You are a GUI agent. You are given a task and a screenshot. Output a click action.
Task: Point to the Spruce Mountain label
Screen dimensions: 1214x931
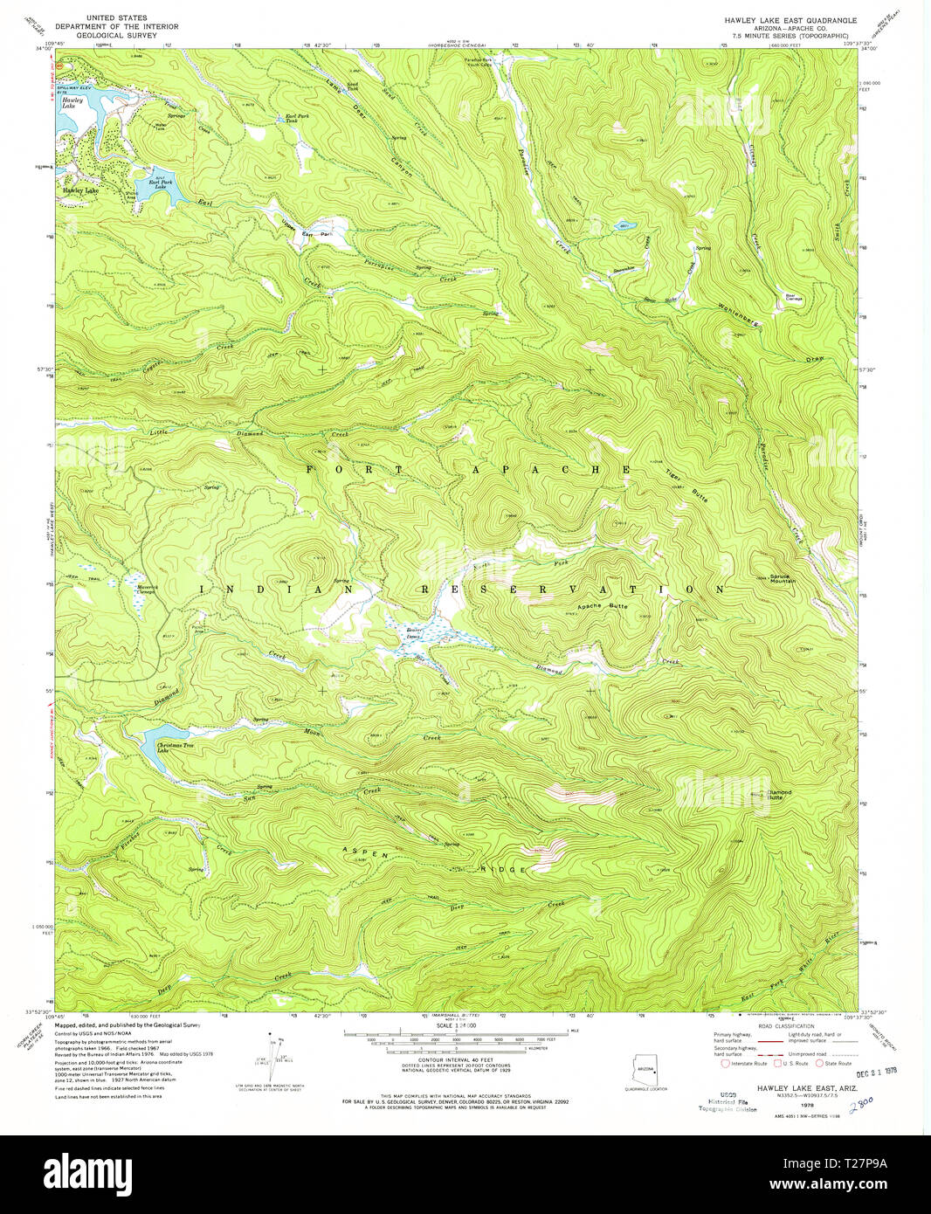[782, 579]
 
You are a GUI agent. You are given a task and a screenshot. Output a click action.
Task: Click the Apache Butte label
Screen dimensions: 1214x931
[602, 606]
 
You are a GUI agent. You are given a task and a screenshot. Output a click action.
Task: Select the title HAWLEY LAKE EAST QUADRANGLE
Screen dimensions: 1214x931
[790, 19]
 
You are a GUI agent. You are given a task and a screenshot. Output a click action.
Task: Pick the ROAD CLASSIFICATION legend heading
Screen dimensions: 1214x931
[783, 1025]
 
